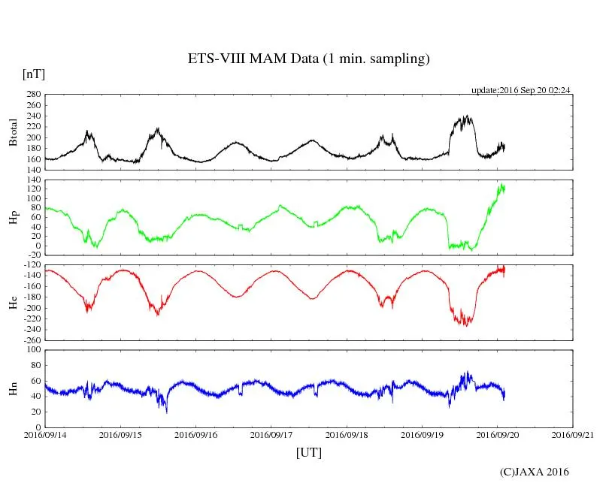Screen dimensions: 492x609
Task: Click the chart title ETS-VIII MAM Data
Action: pyautogui.click(x=308, y=59)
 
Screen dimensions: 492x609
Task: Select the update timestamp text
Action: pyautogui.click(x=520, y=90)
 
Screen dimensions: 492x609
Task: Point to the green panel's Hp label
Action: pyautogui.click(x=13, y=218)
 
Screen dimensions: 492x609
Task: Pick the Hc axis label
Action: pyautogui.click(x=13, y=303)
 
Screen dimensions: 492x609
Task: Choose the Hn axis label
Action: pyautogui.click(x=13, y=388)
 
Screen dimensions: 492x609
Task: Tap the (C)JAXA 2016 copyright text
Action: pyautogui.click(x=535, y=472)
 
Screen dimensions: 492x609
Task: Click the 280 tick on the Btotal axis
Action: pyautogui.click(x=32, y=95)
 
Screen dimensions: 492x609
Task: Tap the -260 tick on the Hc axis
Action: pyautogui.click(x=30, y=340)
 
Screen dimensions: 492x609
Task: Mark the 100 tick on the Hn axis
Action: pyautogui.click(x=32, y=350)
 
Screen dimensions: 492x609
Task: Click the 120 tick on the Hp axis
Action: pyautogui.click(x=32, y=189)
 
